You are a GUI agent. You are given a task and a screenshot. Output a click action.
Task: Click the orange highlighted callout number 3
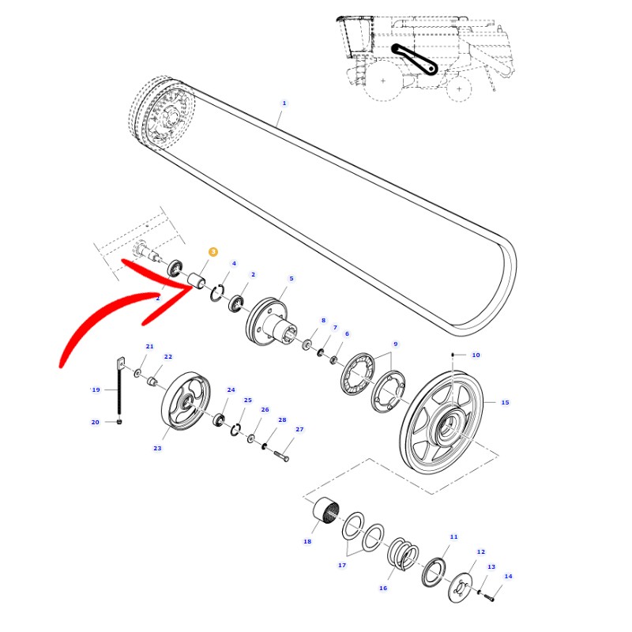[x=213, y=252]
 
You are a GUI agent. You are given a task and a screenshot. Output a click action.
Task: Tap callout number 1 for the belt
[x=284, y=103]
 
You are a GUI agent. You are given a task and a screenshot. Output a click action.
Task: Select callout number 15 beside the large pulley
[x=505, y=402]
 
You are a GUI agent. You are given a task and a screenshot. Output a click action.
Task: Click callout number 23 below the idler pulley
[x=157, y=448]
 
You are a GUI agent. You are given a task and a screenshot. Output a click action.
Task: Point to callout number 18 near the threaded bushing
[x=307, y=541]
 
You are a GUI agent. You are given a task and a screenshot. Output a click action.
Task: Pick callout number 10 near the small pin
[x=476, y=355]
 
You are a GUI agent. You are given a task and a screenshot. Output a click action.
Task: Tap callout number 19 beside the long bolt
[x=96, y=389]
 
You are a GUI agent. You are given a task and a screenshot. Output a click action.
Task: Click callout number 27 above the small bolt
[x=299, y=429]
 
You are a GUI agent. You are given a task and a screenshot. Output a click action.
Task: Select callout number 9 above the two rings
[x=396, y=344]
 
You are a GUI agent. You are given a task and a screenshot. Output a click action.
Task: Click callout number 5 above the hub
[x=292, y=279]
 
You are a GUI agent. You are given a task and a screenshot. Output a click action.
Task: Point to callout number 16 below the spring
[x=383, y=588]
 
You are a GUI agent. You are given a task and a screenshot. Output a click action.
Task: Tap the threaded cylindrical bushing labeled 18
[x=326, y=511]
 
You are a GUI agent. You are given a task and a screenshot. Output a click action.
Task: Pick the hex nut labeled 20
[x=119, y=422]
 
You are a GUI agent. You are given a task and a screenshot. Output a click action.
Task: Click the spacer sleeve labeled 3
[x=197, y=280]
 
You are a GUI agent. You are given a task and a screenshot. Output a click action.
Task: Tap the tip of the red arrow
[x=193, y=288]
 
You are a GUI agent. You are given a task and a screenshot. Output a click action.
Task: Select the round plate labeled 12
[x=461, y=587]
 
